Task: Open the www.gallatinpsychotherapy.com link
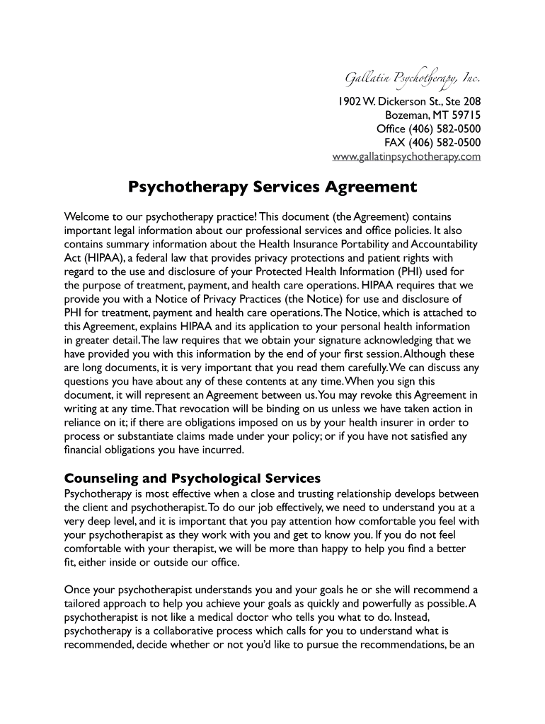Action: coord(406,156)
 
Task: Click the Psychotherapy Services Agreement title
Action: coord(272,187)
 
